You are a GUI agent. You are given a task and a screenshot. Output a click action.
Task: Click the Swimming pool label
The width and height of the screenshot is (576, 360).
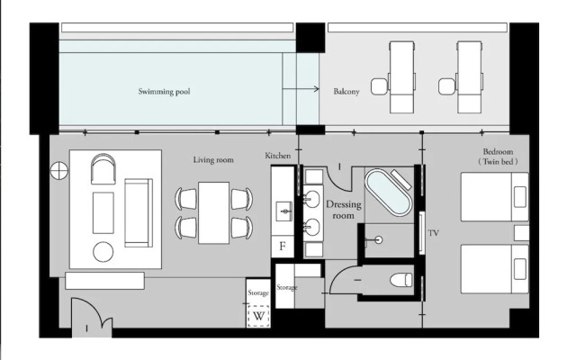164,92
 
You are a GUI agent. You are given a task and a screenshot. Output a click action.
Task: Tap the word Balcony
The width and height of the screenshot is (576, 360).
346,92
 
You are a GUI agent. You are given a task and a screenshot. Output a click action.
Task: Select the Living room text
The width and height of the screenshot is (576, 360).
213,160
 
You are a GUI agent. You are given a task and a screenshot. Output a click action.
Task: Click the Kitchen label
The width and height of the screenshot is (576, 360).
278,156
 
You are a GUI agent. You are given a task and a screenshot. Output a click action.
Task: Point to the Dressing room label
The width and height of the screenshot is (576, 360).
344,210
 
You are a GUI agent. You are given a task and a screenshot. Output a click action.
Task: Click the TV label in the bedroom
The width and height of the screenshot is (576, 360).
434,233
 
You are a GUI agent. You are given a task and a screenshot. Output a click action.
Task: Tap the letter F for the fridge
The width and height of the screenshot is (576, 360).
283,246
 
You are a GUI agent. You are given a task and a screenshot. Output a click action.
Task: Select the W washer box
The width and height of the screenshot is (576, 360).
258,316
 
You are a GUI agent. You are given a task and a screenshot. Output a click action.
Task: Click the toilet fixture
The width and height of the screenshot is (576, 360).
401,280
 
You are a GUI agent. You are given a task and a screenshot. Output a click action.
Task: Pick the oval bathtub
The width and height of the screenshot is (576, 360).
388,192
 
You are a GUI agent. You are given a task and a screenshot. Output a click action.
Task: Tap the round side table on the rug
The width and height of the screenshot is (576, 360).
103,252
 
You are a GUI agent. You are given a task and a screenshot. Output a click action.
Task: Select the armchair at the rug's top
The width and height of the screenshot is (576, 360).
103,168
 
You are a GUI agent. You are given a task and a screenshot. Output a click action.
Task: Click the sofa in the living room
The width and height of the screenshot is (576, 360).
139,212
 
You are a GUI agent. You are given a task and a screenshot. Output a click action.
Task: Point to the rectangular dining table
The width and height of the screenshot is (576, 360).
214,212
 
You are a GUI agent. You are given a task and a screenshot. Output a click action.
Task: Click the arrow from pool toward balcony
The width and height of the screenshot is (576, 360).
301,88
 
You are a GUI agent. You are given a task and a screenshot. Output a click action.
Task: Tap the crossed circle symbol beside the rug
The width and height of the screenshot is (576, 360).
59,171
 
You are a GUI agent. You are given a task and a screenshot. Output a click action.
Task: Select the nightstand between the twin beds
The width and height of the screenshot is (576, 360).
521,233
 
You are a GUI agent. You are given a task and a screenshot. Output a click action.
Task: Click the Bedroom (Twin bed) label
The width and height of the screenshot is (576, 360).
498,156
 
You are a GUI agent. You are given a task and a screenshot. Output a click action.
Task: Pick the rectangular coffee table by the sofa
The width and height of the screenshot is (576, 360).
103,212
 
